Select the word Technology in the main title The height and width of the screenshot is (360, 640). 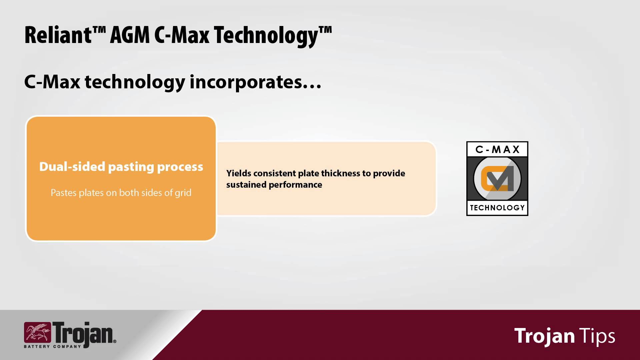point(266,35)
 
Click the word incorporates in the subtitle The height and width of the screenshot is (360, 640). point(246,82)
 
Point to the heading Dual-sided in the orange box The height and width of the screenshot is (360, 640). point(72,166)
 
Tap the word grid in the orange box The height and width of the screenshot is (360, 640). point(183,193)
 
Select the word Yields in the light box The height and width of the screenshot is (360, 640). point(239,173)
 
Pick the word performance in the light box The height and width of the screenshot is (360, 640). point(295,185)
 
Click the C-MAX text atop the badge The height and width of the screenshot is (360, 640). point(497,149)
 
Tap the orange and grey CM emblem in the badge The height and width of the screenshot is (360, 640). point(497,178)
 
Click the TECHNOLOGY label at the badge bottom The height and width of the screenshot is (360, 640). point(497,208)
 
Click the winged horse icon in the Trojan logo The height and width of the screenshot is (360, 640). point(37,332)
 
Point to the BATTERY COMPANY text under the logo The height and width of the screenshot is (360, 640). point(53,347)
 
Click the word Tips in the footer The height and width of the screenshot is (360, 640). point(597,336)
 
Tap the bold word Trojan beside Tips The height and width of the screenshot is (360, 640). point(544,336)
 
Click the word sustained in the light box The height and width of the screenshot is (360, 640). point(246,185)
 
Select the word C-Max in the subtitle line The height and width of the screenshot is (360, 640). point(52,82)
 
